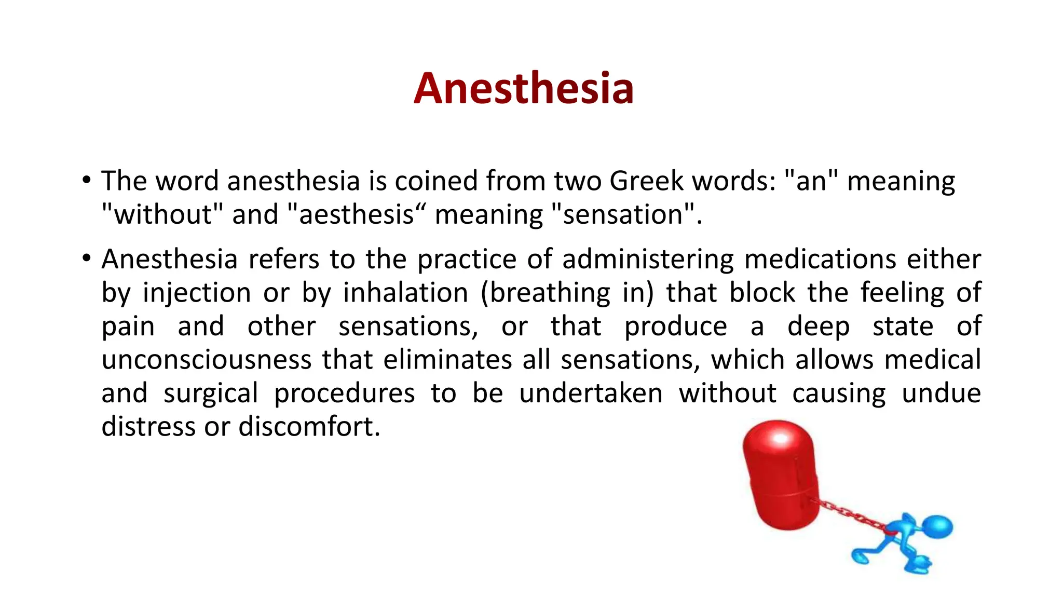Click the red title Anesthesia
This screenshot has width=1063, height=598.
point(523,88)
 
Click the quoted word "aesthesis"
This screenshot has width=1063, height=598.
point(356,214)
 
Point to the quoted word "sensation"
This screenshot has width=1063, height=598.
point(623,214)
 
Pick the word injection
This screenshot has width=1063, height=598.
point(197,293)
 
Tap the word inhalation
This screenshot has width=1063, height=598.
point(405,293)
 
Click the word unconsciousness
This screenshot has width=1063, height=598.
point(206,360)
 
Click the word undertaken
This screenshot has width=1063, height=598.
point(591,393)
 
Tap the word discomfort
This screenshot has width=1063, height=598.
point(309,427)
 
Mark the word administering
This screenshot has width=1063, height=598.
point(648,259)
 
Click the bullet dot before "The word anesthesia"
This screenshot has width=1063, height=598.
point(86,181)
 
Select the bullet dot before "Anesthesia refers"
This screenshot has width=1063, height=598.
point(86,258)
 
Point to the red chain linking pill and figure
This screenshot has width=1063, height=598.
point(851,514)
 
